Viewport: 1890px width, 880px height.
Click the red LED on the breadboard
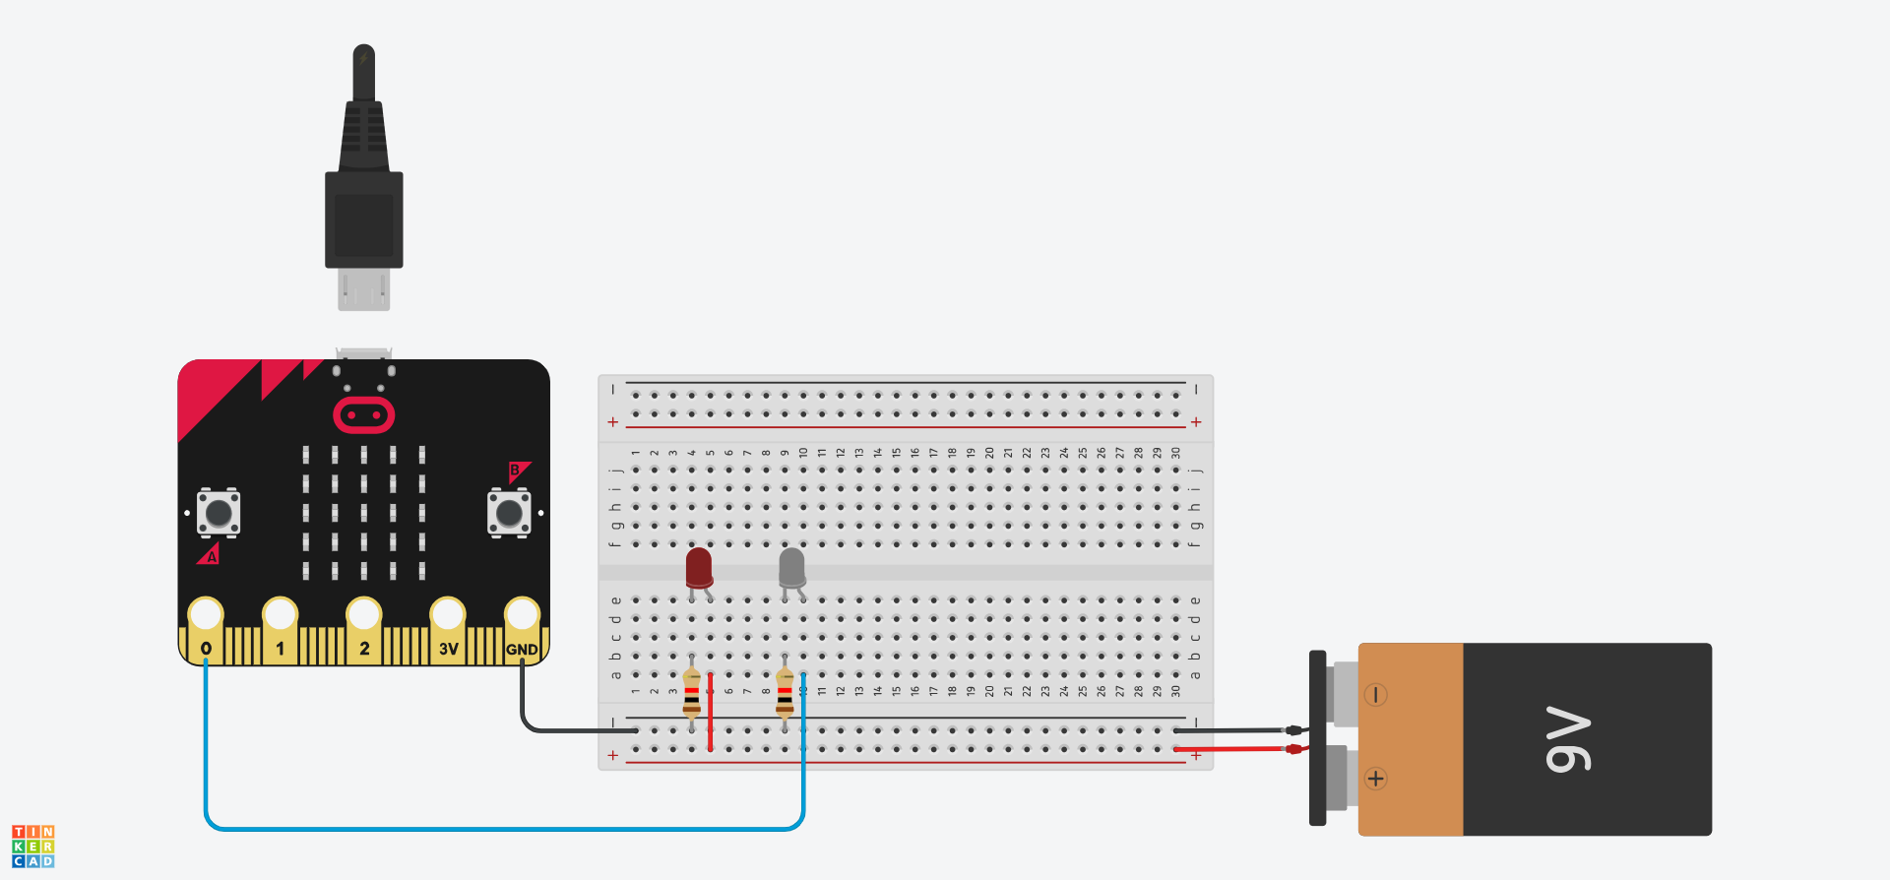coord(699,568)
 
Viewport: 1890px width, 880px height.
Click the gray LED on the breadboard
coord(791,568)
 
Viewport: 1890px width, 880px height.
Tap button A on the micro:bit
coord(219,512)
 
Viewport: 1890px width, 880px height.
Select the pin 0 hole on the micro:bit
coord(206,615)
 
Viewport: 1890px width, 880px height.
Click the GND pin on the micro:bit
coord(522,615)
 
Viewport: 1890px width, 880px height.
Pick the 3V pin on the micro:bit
coord(448,615)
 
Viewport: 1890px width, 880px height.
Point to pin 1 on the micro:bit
coord(281,615)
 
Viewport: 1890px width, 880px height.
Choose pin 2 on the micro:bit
coord(364,615)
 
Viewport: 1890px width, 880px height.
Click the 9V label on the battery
coord(1568,739)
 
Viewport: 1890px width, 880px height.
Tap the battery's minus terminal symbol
coord(1376,695)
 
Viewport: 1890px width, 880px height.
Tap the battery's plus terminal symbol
coord(1376,779)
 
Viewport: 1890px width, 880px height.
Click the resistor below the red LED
coord(692,692)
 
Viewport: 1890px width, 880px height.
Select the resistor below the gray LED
coord(785,692)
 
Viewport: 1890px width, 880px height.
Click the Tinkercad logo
coord(33,847)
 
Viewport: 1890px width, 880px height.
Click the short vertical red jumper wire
coord(710,713)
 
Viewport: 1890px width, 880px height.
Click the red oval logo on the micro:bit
coord(364,415)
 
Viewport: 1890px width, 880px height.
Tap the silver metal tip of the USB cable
coord(364,290)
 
